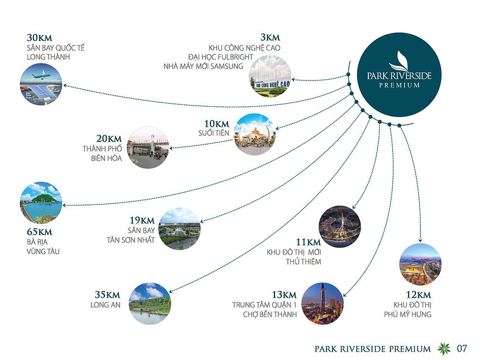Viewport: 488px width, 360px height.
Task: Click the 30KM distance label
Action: coord(40,38)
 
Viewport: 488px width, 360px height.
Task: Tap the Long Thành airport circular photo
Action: coord(41,84)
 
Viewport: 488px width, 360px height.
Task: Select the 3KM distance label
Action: coord(270,37)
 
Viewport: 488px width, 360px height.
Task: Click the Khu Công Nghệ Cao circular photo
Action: coord(270,76)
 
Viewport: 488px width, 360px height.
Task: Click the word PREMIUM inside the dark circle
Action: coord(400,85)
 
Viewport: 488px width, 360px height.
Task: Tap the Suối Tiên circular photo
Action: coord(254,134)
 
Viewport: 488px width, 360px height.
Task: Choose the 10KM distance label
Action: coord(217,124)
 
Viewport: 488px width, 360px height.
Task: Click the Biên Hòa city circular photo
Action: coord(148,147)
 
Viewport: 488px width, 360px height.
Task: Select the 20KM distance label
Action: coord(109,139)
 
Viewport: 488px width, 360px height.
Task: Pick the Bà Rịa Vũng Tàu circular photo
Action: coord(41,203)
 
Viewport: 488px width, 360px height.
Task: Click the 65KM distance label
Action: coord(40,232)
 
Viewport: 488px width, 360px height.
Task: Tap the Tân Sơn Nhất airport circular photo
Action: coord(179,229)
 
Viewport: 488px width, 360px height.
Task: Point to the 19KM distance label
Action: coord(142,220)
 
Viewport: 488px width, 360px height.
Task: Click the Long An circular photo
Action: coord(149,303)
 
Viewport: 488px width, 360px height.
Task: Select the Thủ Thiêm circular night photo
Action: coord(340,226)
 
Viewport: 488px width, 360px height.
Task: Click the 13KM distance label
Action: coord(284,295)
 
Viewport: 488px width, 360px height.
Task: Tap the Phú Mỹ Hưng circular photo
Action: coord(420,264)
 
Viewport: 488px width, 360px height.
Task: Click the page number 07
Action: coord(462,348)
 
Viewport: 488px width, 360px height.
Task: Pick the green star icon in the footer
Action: coord(444,348)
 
